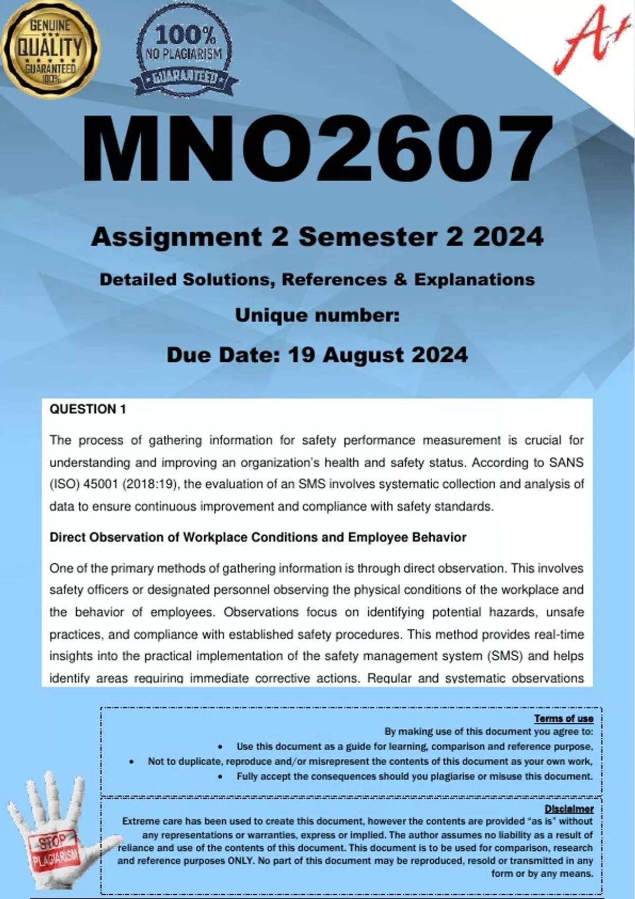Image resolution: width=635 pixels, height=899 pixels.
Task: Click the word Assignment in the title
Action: (x=176, y=237)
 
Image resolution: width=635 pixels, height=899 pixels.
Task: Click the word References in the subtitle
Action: (x=334, y=279)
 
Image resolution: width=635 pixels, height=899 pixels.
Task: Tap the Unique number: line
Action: (x=317, y=315)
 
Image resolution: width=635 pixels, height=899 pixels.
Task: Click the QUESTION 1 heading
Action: (x=88, y=409)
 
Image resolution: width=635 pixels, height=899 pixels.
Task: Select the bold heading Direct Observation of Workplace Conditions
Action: (x=258, y=537)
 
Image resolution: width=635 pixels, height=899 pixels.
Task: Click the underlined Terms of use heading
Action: (x=564, y=718)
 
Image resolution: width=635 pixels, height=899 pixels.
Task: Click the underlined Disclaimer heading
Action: (x=569, y=809)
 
